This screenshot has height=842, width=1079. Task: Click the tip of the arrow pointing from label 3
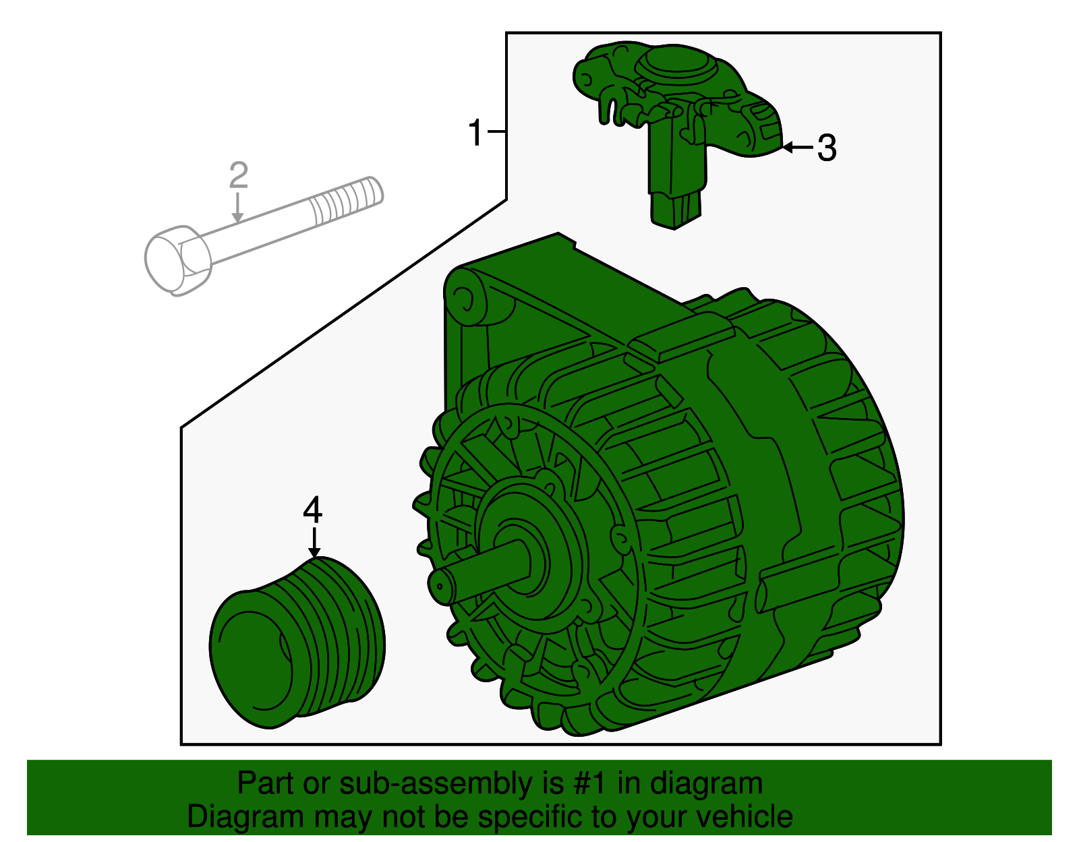click(783, 147)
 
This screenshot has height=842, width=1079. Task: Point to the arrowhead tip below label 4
click(314, 558)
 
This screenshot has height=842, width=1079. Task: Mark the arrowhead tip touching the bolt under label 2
click(238, 222)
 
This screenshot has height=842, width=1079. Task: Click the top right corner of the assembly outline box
click(941, 33)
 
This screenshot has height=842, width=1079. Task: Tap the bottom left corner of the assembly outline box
click(181, 744)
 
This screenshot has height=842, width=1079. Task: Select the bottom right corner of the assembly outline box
click(941, 744)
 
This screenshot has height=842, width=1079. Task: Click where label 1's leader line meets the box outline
click(506, 131)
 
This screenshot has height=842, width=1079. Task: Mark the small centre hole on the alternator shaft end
click(440, 586)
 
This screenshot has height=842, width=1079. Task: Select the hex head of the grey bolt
click(178, 260)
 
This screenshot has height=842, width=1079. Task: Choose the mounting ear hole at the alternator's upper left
click(466, 299)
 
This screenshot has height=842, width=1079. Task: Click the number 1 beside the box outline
click(475, 132)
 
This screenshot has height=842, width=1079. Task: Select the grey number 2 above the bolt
click(238, 175)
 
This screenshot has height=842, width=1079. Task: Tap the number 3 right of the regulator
click(827, 148)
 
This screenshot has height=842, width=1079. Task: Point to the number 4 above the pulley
click(313, 510)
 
